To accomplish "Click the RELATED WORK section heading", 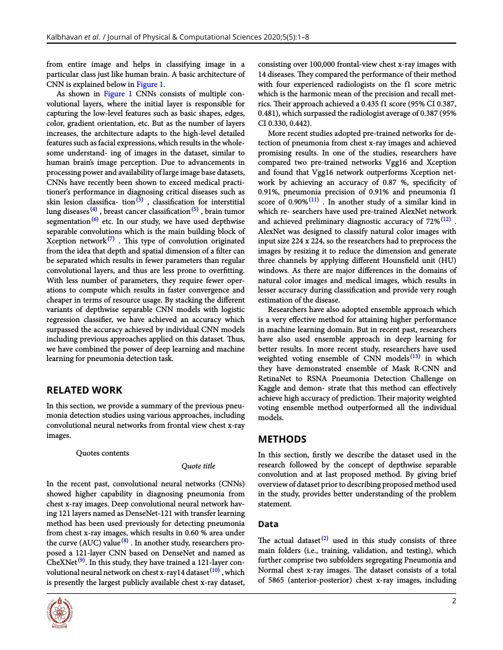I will point(85,390).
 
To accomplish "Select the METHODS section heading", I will point(282,439).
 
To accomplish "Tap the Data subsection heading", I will point(268,524).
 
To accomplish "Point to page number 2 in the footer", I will point(454,601).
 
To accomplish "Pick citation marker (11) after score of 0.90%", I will point(314,200).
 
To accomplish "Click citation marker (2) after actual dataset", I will point(324,538).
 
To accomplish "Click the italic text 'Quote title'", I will point(198,466).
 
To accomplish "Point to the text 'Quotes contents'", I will point(102,453).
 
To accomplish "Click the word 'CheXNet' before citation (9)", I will point(61,563).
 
